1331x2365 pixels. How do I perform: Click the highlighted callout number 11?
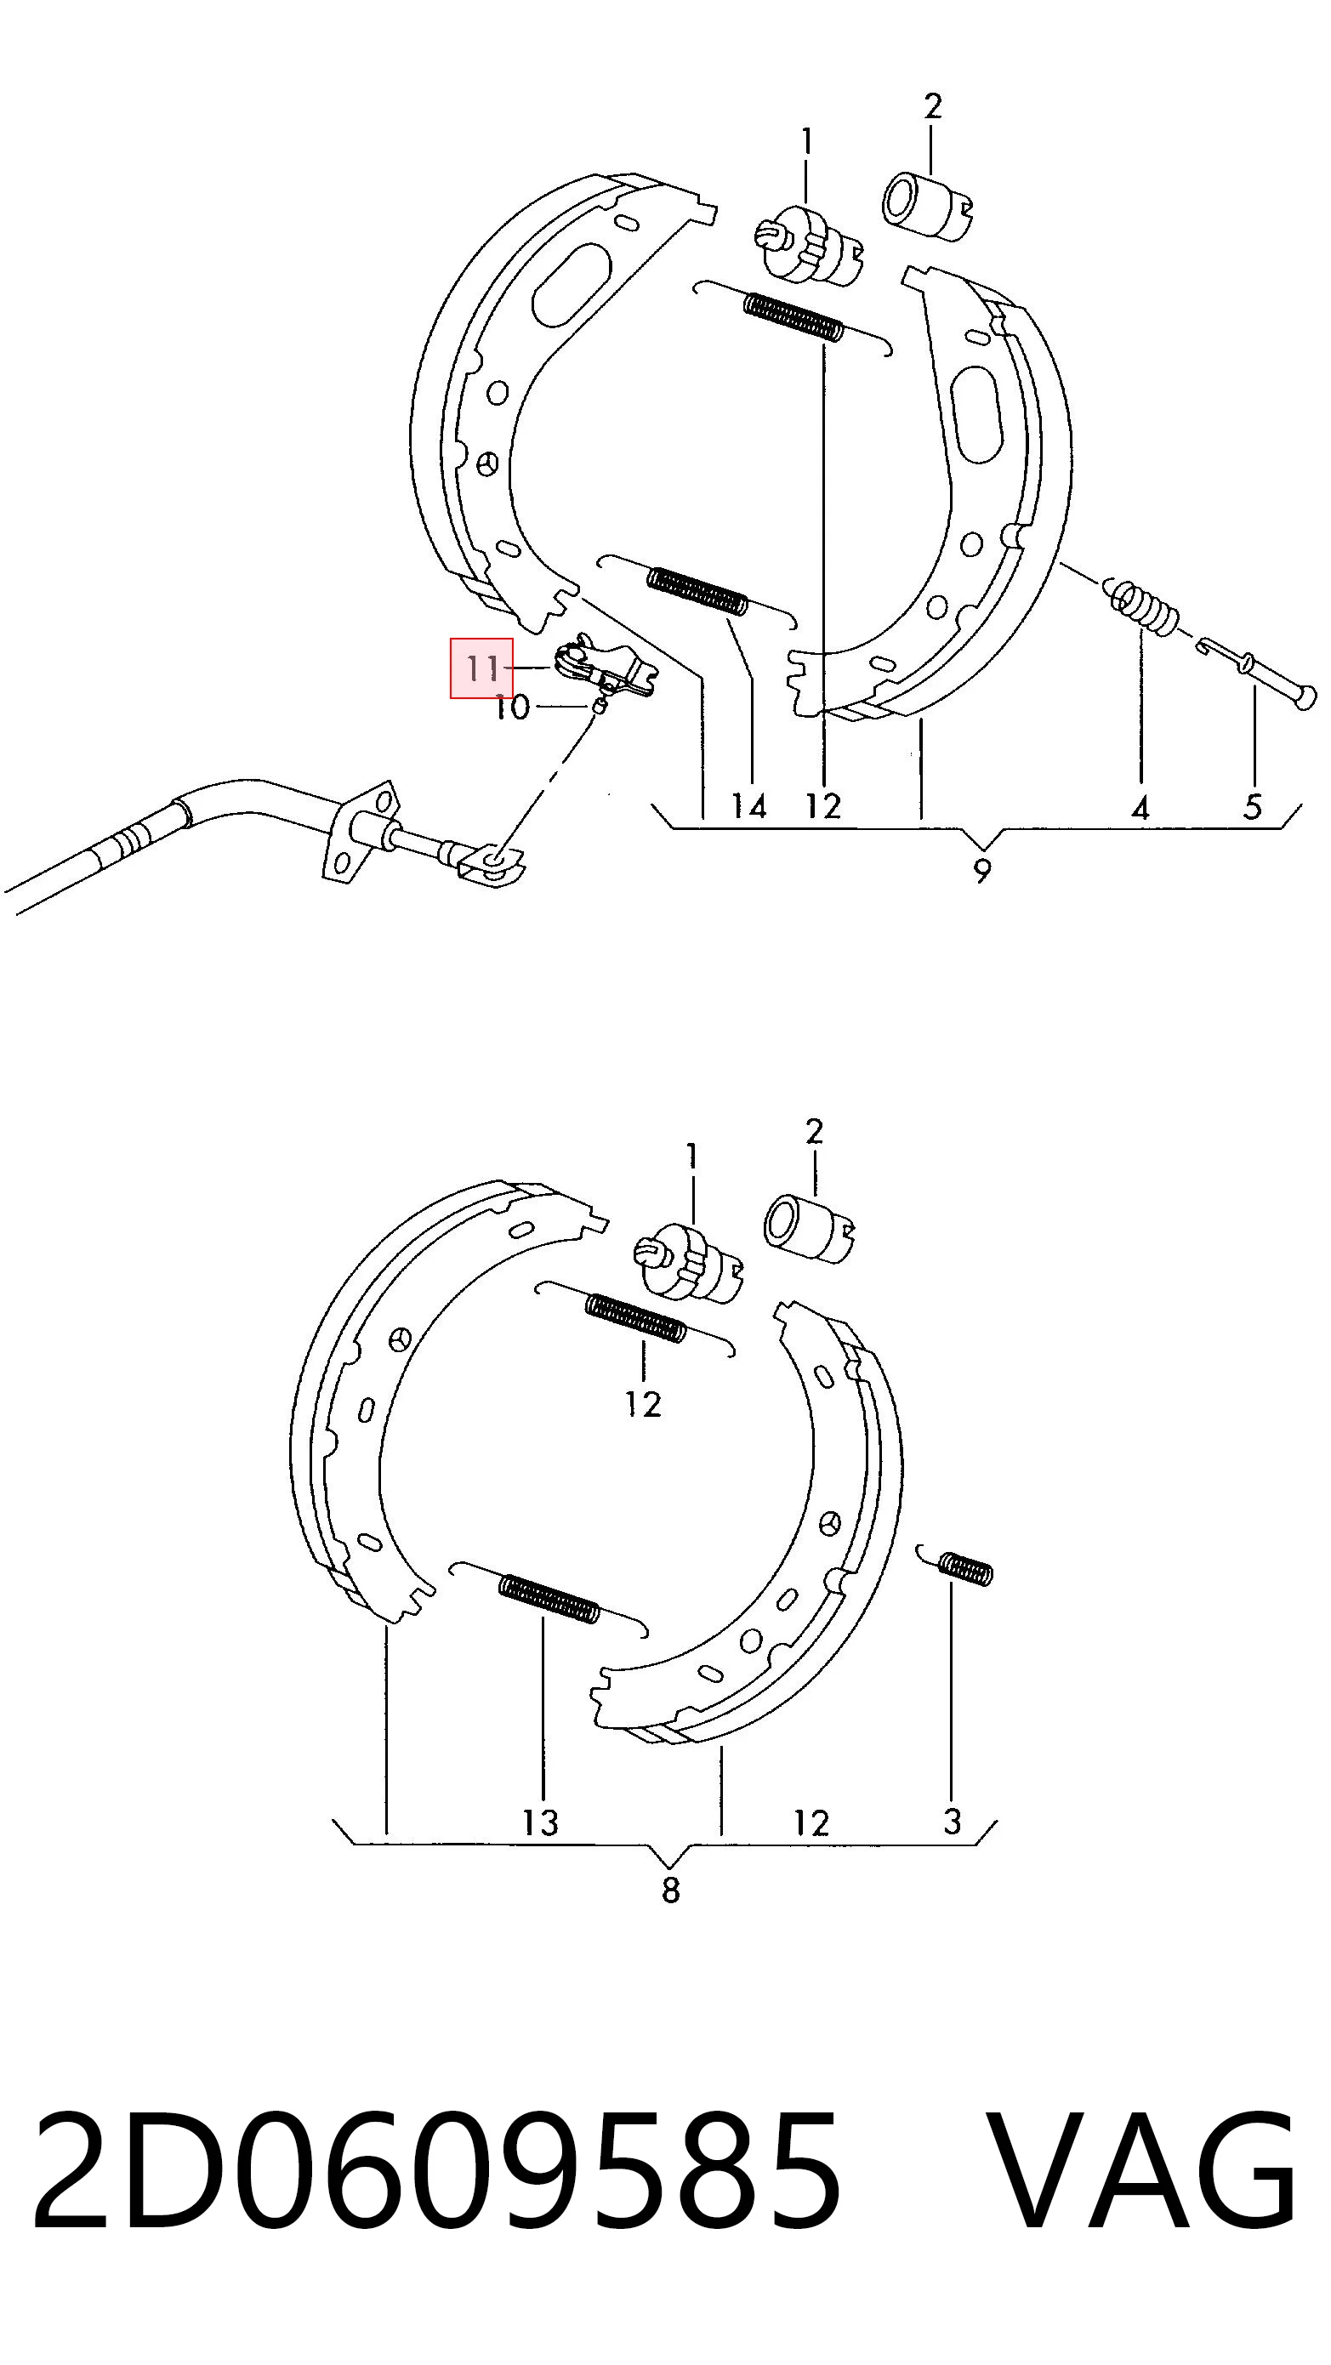click(482, 668)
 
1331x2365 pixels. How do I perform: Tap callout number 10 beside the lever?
click(513, 707)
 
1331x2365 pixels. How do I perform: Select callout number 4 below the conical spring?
click(1140, 808)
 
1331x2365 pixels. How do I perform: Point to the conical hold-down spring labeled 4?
click(1142, 606)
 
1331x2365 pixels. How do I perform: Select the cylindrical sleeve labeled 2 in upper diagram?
click(928, 207)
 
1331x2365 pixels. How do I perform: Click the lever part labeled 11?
click(604, 668)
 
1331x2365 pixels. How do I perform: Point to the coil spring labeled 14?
click(697, 592)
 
